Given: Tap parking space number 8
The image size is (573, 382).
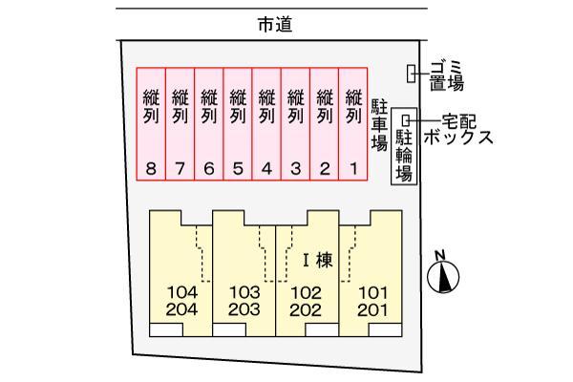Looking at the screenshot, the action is tap(152, 124).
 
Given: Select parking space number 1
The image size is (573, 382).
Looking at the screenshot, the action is tap(353, 124).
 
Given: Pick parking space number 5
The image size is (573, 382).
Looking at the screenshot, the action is tap(238, 124).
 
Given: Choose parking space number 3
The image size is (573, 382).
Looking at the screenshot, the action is tap(296, 124).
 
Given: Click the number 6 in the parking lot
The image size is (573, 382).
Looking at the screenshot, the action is tap(209, 169).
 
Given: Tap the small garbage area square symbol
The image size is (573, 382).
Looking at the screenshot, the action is tap(412, 73).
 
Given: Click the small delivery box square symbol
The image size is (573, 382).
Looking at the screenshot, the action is tap(407, 120).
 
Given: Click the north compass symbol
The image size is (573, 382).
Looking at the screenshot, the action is tap(443, 277).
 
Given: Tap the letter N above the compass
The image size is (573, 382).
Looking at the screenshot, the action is tap(440, 255).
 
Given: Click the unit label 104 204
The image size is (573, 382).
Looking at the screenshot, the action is tap(180, 300).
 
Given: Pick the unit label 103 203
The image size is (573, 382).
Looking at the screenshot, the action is tap(244, 300).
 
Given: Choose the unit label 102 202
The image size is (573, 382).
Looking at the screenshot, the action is tap(308, 300).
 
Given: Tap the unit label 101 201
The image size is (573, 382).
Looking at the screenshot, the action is tap(371, 300).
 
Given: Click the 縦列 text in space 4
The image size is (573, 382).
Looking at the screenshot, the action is tap(267, 106).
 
